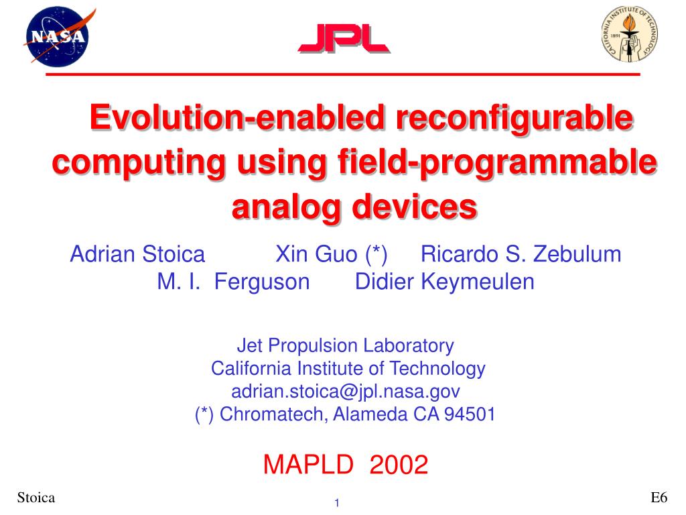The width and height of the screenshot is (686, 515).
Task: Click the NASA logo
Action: click(59, 36)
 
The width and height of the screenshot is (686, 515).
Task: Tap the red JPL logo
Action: click(344, 39)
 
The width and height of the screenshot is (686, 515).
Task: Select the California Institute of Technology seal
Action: click(629, 34)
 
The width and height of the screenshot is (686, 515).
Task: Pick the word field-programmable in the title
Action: click(497, 163)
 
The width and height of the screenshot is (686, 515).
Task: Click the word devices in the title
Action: click(414, 207)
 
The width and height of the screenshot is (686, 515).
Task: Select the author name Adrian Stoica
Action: click(137, 254)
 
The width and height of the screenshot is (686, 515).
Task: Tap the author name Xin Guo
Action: click(316, 254)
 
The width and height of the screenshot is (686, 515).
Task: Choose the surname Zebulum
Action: click(577, 254)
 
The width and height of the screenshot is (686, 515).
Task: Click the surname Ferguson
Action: click(262, 282)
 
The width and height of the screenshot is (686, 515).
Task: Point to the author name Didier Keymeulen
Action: click(445, 282)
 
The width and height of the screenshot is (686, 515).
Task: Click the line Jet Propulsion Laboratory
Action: click(345, 345)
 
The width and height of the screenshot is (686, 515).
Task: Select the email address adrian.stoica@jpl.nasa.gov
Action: click(345, 391)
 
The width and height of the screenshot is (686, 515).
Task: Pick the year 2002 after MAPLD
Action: click(399, 464)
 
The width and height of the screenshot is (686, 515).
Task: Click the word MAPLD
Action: click(308, 464)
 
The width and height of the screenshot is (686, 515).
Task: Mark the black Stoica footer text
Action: click(36, 498)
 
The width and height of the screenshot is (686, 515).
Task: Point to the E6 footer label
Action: click(659, 498)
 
